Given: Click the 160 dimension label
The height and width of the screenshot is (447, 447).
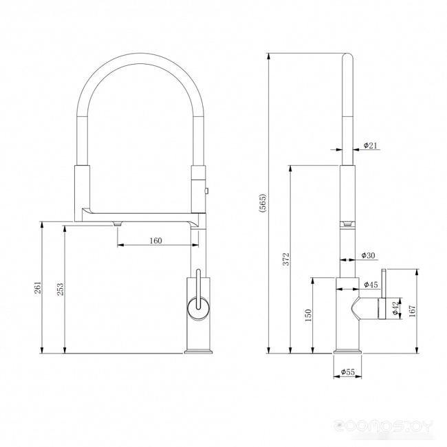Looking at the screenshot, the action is (155, 241).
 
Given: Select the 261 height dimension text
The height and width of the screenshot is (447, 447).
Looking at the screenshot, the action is (38, 287).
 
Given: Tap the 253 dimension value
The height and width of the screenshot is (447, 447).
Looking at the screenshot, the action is (61, 289).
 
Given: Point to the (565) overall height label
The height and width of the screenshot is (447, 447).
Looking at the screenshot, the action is (262, 204).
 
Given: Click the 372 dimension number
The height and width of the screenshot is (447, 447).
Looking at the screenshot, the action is (286, 259).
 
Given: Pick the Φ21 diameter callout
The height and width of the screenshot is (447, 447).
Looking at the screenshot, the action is (370, 145).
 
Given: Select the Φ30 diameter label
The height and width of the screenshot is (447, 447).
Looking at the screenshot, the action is (369, 255).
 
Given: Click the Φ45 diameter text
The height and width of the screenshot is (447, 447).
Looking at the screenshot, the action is (371, 284).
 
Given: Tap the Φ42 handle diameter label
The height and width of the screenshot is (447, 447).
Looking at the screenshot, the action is (395, 308).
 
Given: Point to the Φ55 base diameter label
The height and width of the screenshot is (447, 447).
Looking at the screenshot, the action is (348, 372).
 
